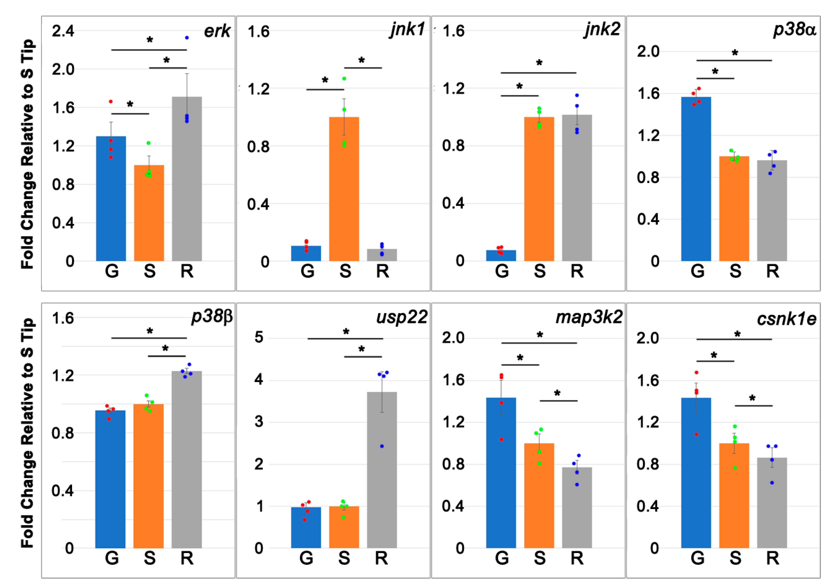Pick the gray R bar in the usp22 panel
coord(382,470)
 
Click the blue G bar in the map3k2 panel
coord(501,473)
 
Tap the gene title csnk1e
coord(786,319)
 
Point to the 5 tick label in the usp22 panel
coord(259,337)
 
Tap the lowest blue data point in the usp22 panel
coord(382,446)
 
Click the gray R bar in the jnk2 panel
coord(577,188)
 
